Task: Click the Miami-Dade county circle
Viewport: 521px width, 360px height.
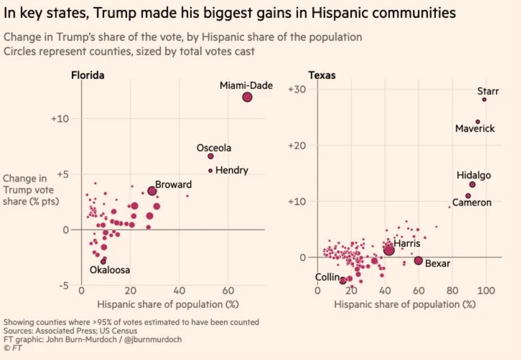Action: [x=247, y=97]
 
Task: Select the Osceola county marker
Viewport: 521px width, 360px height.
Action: [x=210, y=156]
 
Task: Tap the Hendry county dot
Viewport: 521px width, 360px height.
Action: [x=210, y=171]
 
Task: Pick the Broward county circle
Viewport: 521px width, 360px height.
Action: [x=152, y=191]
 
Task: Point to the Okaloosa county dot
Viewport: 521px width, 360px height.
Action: [x=103, y=261]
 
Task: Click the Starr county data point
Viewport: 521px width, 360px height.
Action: [x=484, y=99]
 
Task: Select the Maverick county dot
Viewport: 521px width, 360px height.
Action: [x=477, y=122]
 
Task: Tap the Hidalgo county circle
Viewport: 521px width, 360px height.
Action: [x=472, y=184]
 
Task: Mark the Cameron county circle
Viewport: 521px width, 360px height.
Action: [x=468, y=196]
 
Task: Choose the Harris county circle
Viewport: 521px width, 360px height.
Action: [x=389, y=250]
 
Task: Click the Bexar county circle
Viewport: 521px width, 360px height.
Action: [x=418, y=261]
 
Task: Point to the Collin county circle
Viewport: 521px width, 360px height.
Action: [x=343, y=280]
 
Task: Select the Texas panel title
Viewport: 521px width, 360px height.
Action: [x=322, y=75]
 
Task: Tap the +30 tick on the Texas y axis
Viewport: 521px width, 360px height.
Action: [x=299, y=89]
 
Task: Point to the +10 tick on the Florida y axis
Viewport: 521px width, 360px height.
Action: [x=60, y=118]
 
